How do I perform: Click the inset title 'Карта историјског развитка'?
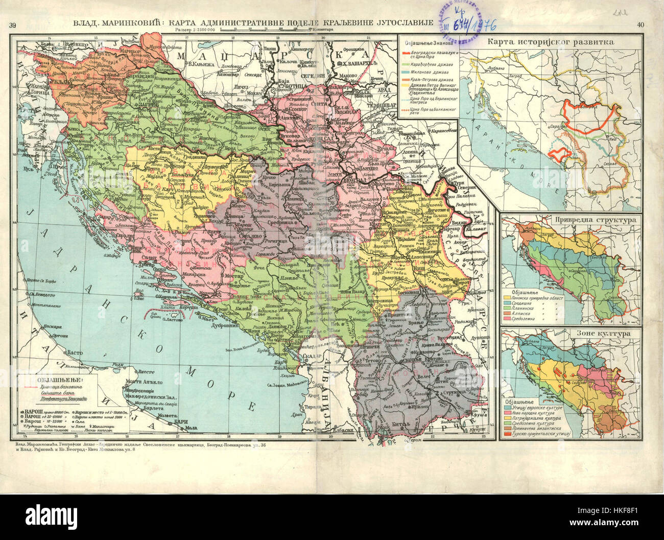pos(551,42)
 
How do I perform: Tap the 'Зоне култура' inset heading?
pos(571,333)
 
